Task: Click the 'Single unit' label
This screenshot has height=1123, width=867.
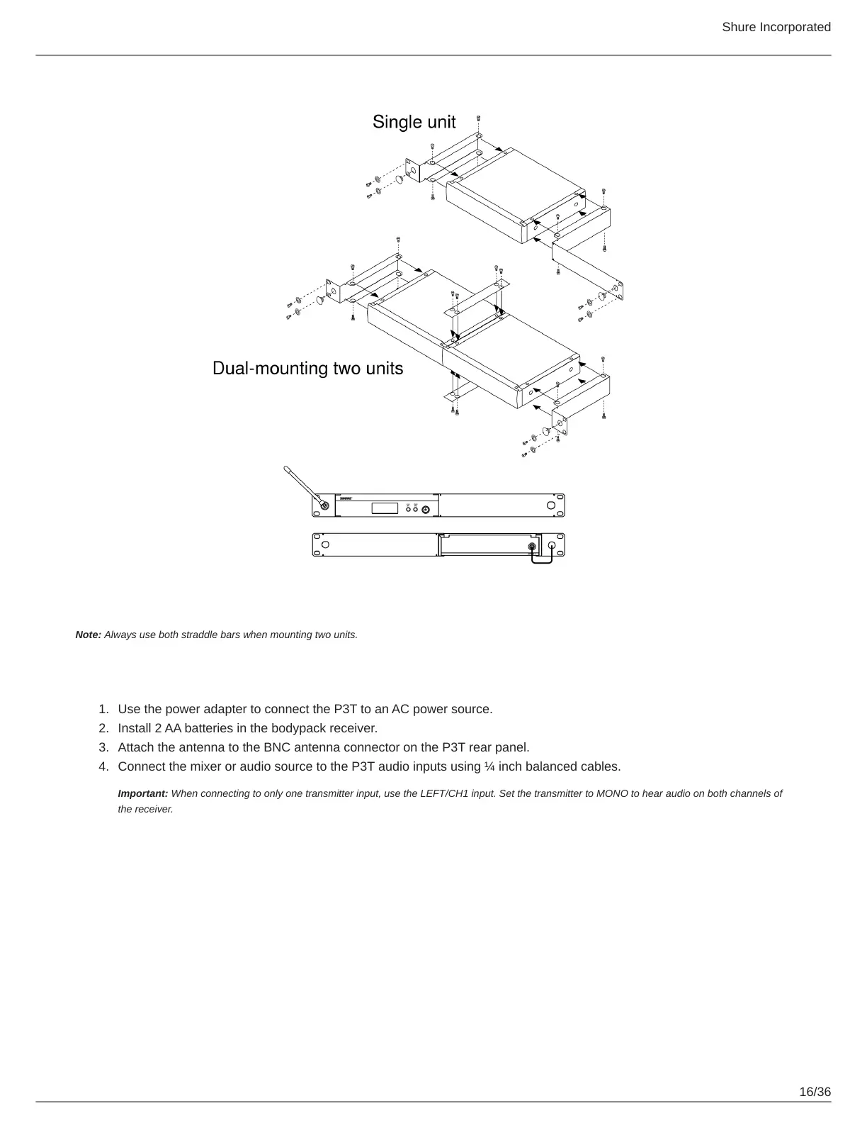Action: coord(414,122)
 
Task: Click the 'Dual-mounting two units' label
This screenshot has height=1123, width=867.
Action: coord(308,369)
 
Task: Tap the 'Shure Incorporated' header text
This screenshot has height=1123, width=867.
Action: coord(776,27)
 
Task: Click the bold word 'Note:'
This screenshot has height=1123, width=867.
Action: coord(89,635)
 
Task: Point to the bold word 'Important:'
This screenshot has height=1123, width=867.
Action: coord(143,793)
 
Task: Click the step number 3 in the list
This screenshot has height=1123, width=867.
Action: coord(103,747)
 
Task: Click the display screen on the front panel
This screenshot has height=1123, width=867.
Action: coord(385,508)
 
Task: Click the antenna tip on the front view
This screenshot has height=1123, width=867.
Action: coord(286,469)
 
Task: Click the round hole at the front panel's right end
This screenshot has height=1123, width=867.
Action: coord(551,505)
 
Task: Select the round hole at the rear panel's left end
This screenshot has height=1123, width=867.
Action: coord(325,544)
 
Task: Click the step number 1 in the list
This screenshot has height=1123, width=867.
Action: coord(103,709)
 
